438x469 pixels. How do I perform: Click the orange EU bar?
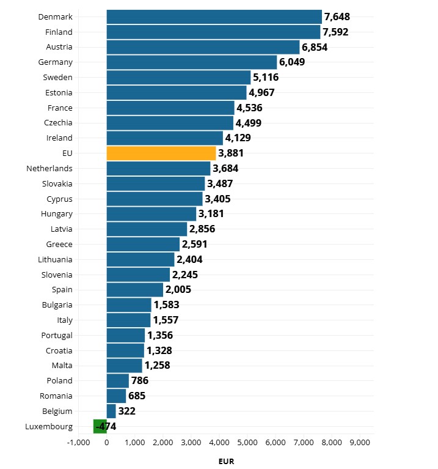161,153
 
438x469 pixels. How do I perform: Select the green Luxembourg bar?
100,426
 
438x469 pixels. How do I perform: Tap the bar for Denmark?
214,17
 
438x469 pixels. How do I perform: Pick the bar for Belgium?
111,411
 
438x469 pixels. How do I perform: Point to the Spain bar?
135,290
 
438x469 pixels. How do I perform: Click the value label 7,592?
335,32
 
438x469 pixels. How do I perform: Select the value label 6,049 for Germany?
292,62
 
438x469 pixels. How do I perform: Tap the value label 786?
140,380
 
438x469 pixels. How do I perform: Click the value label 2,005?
178,290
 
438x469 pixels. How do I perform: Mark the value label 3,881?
231,153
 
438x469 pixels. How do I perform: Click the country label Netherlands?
49,168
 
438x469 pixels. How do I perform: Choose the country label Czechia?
58,123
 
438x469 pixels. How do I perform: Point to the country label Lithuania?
55,259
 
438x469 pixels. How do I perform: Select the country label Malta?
62,365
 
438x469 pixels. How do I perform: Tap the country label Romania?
56,396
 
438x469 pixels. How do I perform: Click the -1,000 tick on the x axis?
78,442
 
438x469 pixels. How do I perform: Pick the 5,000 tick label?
247,442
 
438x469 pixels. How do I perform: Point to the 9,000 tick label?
360,442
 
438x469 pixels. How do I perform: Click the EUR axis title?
226,462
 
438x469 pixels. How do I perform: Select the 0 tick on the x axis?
107,442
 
